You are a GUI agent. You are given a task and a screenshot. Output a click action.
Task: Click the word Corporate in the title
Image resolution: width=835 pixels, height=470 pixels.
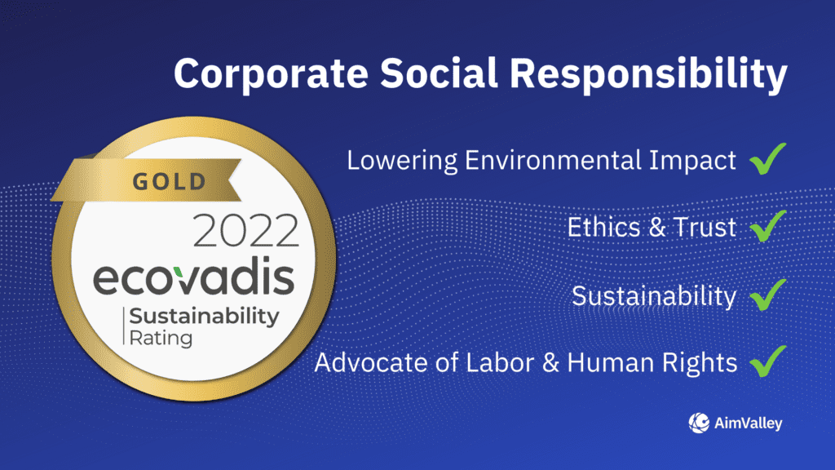click(x=271, y=73)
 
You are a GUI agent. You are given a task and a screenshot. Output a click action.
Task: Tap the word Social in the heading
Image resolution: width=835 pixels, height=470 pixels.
click(x=439, y=73)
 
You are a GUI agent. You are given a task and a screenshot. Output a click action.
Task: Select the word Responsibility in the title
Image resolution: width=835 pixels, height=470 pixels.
click(x=648, y=74)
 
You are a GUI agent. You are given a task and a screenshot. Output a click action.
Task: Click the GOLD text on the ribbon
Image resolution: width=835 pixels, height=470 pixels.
click(x=170, y=182)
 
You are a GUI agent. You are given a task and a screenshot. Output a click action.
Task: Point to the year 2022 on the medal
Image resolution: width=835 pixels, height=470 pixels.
click(x=245, y=231)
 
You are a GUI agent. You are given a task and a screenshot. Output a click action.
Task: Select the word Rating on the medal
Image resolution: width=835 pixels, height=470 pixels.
click(x=161, y=339)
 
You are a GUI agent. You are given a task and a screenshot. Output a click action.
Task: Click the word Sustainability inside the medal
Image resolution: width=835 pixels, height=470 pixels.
click(x=204, y=317)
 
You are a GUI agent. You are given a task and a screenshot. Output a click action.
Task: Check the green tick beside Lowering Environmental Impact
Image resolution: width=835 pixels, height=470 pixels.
click(x=767, y=158)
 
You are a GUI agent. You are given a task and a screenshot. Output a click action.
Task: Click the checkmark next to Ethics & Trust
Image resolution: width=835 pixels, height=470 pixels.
click(x=767, y=225)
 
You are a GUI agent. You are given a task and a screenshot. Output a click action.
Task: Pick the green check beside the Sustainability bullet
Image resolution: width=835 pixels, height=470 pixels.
click(x=767, y=294)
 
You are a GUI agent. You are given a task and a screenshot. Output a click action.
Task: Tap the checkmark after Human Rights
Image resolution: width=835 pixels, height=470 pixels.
click(x=767, y=361)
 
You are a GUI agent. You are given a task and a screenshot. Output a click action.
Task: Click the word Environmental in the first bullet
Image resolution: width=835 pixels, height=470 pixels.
click(x=553, y=160)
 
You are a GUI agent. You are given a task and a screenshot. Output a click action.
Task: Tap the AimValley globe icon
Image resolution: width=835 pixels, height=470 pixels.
click(x=699, y=423)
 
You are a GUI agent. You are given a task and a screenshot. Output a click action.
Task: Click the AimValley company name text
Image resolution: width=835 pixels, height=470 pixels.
click(x=749, y=423)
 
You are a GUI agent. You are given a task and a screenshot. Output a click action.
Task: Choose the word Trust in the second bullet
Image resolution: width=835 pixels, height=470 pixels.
click(x=705, y=227)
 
